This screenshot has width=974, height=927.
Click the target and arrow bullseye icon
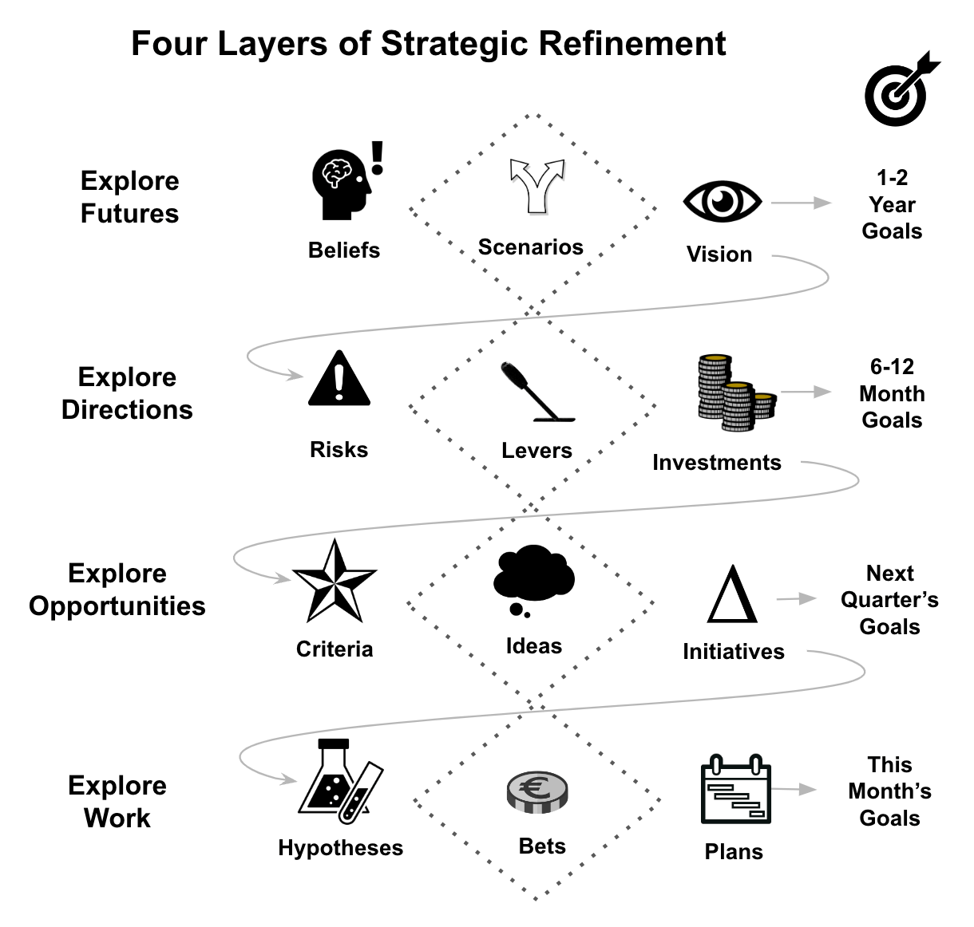point(901,90)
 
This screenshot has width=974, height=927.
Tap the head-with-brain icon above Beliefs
point(343,184)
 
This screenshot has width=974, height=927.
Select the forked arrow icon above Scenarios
point(537,185)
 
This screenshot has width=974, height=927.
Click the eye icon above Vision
point(722,201)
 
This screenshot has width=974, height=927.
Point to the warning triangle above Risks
point(339,380)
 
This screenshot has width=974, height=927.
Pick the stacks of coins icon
point(732,393)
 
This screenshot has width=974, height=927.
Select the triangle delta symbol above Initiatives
point(732,595)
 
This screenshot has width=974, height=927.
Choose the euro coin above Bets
point(537,792)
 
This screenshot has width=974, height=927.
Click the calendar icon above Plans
point(735,791)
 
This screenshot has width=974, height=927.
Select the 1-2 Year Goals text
point(892,204)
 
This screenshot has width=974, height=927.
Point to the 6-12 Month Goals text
point(892,393)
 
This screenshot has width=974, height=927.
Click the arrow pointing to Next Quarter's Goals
point(796,598)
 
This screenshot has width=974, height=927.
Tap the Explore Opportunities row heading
point(117,590)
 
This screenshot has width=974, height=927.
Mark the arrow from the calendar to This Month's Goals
point(794,790)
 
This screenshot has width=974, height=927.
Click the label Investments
point(716,463)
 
